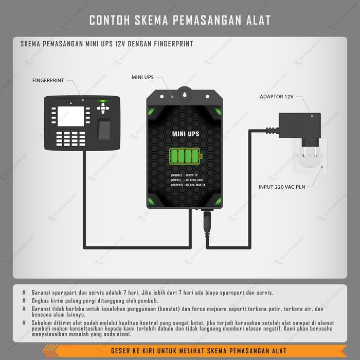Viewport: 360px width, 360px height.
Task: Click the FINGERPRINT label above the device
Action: pos(48,81)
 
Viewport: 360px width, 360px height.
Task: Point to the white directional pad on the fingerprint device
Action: pos(104,107)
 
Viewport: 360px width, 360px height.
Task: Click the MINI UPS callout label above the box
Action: pos(142,78)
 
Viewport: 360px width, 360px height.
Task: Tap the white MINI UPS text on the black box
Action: pos(185,134)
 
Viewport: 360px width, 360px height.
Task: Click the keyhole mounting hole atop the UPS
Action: pos(184,95)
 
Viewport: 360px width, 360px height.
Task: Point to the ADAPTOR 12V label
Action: pos(277,97)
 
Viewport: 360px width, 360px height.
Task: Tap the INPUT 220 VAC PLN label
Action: pos(281,187)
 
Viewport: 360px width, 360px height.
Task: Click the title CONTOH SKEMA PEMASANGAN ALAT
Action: pos(180,20)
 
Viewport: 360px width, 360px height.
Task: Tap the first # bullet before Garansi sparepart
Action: pos(24,292)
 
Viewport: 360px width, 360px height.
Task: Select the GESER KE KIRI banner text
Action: pos(199,351)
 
